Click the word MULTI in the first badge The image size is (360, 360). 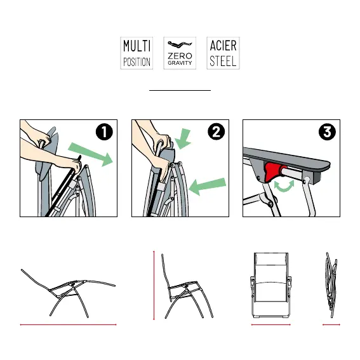coord(137,46)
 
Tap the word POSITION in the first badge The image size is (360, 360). coord(137,62)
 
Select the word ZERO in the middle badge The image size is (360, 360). coord(180,56)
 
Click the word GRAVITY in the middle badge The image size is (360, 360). coord(180,63)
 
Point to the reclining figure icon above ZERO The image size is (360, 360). coord(180,44)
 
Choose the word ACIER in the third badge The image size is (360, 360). coord(223,46)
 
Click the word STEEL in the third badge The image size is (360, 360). coord(223,62)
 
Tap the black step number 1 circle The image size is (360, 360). coord(104,132)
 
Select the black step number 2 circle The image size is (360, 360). coord(216,132)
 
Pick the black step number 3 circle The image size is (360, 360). coord(327,132)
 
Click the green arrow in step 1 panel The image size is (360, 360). coord(91,154)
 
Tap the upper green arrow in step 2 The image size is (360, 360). coord(183,139)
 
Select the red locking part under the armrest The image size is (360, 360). coord(274,170)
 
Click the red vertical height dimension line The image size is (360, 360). coord(154,285)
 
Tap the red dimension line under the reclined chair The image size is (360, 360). coord(68,324)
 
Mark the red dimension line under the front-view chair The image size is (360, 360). coord(271,324)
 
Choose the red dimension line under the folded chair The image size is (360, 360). coord(331,324)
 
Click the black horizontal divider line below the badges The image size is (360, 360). coord(180,90)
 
